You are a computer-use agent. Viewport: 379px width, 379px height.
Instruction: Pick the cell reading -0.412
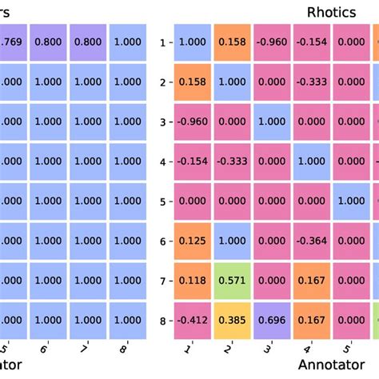pos(192,321)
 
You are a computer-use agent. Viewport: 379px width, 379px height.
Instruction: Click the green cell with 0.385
pos(233,321)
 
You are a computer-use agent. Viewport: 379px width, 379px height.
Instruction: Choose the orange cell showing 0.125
pos(192,240)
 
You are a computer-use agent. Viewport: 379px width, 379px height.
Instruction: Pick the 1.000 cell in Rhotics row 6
pos(233,240)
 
